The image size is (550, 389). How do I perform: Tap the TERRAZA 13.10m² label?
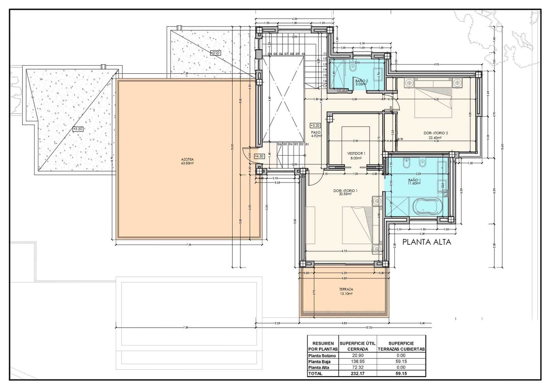[346, 292]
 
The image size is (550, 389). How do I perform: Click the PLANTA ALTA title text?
[426, 242]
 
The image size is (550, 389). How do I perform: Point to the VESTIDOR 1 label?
[356, 156]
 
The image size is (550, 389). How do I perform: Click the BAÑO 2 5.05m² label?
[362, 82]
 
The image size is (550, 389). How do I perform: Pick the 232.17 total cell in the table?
[357, 374]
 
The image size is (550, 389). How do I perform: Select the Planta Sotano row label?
[322, 356]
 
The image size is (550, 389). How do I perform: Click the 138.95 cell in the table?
[357, 361]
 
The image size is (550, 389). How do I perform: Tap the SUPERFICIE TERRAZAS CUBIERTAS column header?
[401, 346]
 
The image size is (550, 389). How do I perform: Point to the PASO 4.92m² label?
[316, 134]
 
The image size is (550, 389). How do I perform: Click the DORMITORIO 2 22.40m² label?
[436, 135]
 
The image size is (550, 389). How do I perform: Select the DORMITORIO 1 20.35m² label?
[345, 192]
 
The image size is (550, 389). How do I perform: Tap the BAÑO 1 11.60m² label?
[414, 181]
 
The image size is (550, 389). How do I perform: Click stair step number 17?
[325, 87]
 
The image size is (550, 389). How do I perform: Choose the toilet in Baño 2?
[353, 68]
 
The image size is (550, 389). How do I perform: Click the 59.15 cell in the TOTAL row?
[401, 374]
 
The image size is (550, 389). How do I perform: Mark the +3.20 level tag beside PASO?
[315, 126]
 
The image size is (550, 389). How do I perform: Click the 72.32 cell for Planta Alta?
[357, 368]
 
